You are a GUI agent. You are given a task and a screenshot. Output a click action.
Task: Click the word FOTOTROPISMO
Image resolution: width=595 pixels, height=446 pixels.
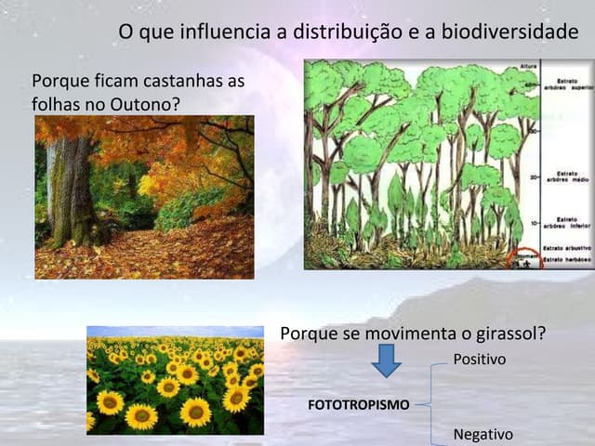click(x=358, y=405)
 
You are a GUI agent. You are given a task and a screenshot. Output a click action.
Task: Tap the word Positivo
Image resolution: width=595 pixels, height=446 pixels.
click(x=479, y=358)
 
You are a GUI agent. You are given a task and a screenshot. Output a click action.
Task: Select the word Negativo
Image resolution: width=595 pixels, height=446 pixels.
click(x=482, y=434)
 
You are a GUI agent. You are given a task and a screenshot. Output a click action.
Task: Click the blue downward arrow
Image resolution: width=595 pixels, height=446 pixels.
click(x=386, y=361)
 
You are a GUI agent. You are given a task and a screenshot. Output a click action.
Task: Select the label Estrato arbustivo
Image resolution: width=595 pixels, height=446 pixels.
click(x=562, y=243)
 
